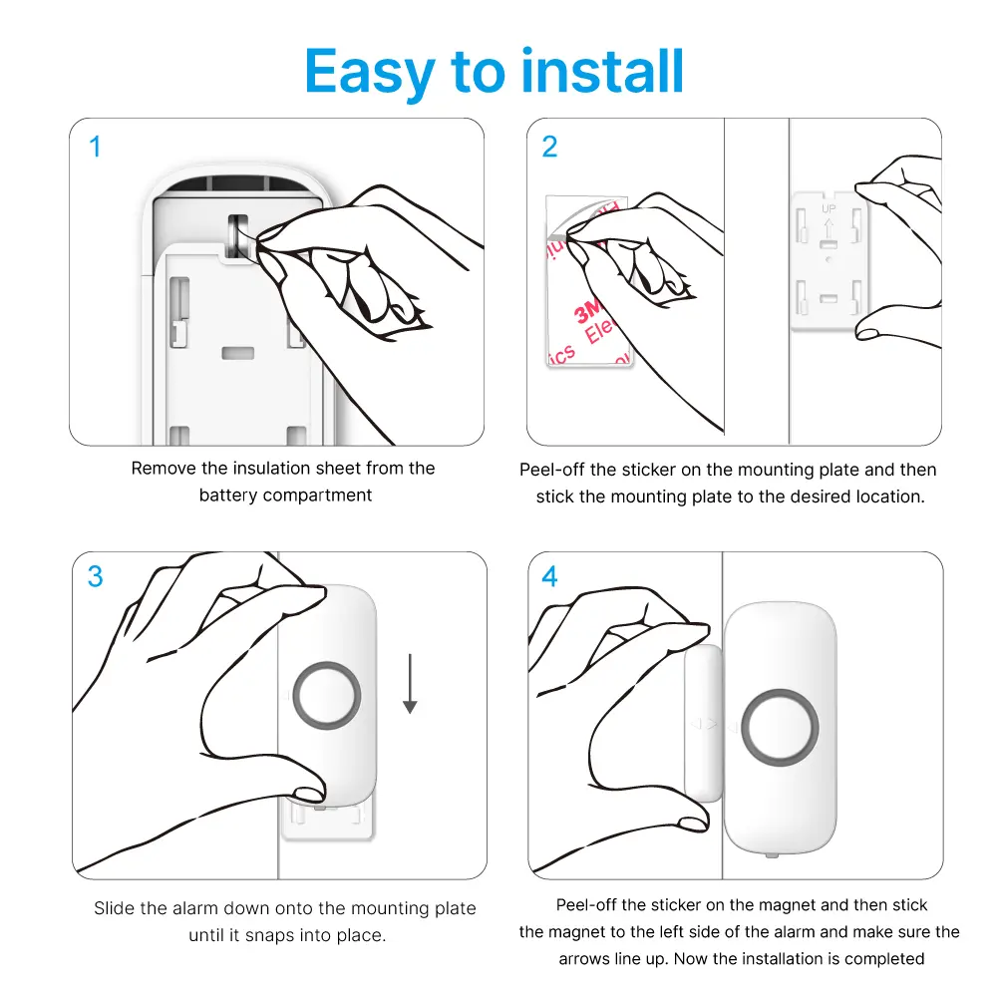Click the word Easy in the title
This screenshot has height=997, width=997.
click(x=370, y=73)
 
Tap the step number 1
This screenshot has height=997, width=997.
click(x=96, y=147)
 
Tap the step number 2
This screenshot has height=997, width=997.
click(x=550, y=147)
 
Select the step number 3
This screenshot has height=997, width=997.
click(x=96, y=576)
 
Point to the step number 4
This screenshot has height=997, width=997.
click(x=550, y=576)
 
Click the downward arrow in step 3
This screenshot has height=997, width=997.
click(x=410, y=684)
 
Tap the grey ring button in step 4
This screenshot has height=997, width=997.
click(x=780, y=694)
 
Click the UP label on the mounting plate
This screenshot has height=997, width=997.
click(x=829, y=208)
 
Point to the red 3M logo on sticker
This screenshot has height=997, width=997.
click(x=587, y=310)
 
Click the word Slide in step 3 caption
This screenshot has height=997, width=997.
click(x=115, y=908)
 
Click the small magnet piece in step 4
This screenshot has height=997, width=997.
click(x=703, y=723)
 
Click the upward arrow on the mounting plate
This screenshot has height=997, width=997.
click(x=829, y=229)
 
